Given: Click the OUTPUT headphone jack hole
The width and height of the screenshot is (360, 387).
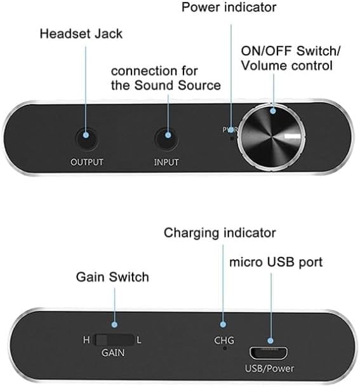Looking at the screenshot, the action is (x=86, y=139).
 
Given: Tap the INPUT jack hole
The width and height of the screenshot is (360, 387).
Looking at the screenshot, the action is (x=167, y=139).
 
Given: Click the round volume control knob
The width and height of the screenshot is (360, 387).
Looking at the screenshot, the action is (x=271, y=137).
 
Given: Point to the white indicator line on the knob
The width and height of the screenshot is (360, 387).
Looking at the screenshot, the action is (x=292, y=136).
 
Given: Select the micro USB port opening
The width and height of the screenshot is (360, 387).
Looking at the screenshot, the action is (x=269, y=353).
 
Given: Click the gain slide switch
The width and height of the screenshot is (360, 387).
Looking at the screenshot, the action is (x=114, y=340).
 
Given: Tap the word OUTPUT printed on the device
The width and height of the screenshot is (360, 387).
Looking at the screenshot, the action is (x=87, y=163).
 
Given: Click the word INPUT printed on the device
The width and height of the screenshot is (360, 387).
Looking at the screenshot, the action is (x=166, y=163).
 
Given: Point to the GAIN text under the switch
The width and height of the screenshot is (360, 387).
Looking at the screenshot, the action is (x=113, y=353).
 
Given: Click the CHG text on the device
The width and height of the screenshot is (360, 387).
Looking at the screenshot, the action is (x=224, y=341).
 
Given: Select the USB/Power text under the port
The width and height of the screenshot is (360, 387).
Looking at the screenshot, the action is (x=269, y=369).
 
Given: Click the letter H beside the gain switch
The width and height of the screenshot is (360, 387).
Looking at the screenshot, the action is (x=86, y=340).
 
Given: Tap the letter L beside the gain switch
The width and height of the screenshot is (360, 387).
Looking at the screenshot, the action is (x=139, y=341).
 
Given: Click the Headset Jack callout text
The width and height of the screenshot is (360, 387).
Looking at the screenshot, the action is (x=81, y=34).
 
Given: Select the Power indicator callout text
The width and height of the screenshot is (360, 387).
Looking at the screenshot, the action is (x=229, y=7).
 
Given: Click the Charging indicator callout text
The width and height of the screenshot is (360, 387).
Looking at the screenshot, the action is (x=220, y=233).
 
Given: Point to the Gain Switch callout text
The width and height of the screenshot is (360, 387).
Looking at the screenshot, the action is (x=112, y=277).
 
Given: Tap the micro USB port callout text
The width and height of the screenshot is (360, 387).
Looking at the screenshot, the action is (x=276, y=262).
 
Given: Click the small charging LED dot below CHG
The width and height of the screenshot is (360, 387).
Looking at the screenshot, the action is (x=225, y=348).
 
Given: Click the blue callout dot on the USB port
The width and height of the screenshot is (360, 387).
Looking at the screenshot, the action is (x=270, y=341).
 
